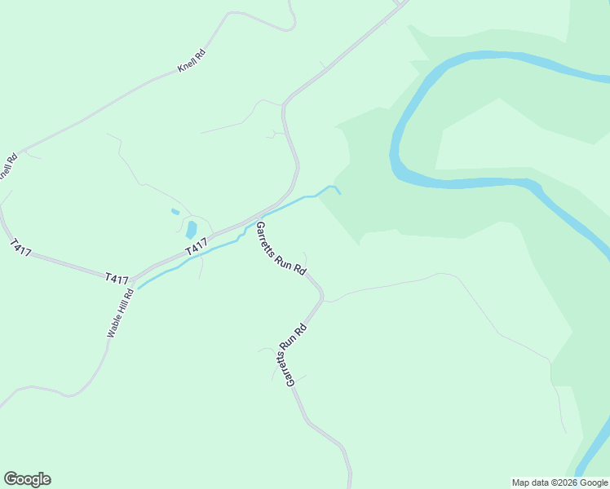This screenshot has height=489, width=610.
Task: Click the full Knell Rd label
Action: (x=192, y=60)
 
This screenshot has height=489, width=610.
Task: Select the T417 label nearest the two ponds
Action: (x=196, y=246)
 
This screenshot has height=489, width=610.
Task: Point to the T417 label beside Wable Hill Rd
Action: (x=117, y=279)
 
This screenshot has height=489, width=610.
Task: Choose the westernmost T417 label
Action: (x=21, y=248)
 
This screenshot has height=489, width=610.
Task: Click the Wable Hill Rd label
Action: (x=119, y=313)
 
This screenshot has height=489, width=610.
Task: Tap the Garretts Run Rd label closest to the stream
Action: (x=281, y=248)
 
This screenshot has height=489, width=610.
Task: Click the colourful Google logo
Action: (x=27, y=479)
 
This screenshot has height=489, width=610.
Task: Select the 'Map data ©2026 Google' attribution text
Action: (x=559, y=482)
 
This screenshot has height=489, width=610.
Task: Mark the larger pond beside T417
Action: (x=192, y=230)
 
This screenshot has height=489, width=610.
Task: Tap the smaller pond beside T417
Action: (x=175, y=212)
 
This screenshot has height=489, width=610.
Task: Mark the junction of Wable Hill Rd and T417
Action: (x=133, y=278)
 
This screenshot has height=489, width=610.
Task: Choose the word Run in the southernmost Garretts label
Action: (x=290, y=356)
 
